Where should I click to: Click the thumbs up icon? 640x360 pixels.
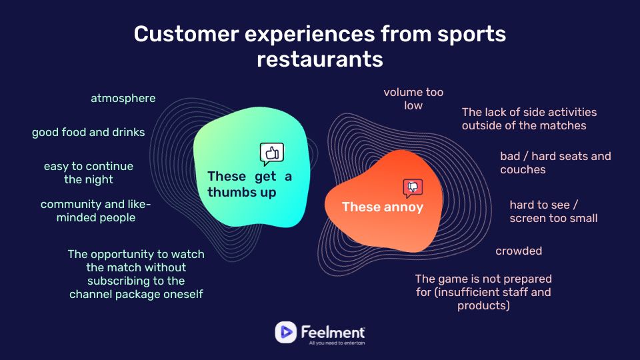tap(272, 154)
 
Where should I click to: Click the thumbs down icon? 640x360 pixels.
tap(413, 188)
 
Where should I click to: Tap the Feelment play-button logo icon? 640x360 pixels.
tap(286, 332)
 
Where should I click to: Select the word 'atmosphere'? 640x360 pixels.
tap(123, 99)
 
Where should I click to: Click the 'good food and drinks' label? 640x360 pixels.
tap(89, 132)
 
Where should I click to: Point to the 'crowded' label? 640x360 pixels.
tap(519, 251)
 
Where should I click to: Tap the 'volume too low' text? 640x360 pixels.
tap(413, 99)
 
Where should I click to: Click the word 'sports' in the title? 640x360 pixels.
tap(472, 33)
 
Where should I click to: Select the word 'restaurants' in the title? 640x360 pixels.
tap(320, 59)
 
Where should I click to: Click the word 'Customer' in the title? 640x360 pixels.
tap(186, 33)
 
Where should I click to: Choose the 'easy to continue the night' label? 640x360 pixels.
tap(89, 173)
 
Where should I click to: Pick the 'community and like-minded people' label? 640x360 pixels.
tap(96, 211)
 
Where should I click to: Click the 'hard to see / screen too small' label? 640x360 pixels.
tap(553, 211)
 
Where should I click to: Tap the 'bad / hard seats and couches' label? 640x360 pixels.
tap(555, 163)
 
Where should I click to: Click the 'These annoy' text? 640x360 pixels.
tap(383, 207)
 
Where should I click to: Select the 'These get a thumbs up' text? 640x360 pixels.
tap(249, 184)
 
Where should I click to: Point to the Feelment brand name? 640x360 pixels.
tap(333, 332)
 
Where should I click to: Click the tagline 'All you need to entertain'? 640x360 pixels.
tap(337, 343)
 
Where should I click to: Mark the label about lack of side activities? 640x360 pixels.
tap(529, 119)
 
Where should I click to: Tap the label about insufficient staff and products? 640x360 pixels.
tap(483, 292)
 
